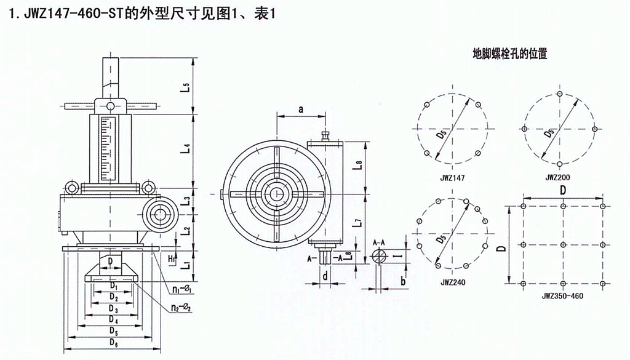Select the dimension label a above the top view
pyautogui.click(x=301, y=109)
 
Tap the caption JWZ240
pyautogui.click(x=451, y=284)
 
